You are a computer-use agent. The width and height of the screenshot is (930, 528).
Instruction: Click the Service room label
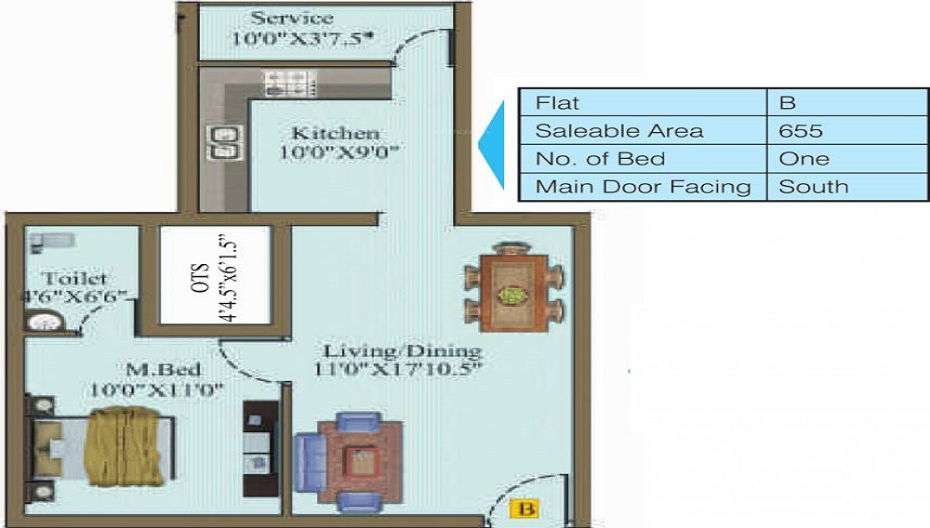coord(291,19)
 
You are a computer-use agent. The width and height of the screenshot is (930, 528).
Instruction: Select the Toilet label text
coord(74,279)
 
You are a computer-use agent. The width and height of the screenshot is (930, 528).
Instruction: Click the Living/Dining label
coord(402,351)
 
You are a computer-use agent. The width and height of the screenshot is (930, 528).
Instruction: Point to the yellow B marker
coord(526,508)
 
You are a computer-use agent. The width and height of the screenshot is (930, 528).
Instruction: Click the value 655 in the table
coord(801,130)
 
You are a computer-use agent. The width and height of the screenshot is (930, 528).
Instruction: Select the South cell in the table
coord(814,186)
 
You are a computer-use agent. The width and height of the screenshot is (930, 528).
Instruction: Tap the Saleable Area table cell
coord(619,130)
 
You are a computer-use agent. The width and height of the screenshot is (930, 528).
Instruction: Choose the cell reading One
coord(804,158)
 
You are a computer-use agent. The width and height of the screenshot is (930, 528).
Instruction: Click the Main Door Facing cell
coord(643,186)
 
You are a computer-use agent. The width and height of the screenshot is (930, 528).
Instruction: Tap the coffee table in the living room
coord(360,460)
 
